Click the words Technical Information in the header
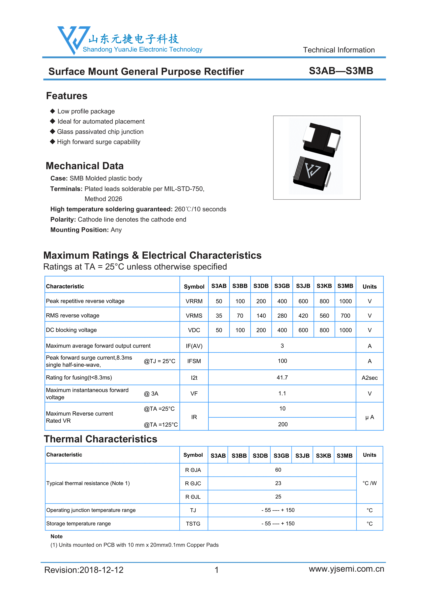tap(339, 50)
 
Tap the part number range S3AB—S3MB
tap(341, 71)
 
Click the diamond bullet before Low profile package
tap(53, 111)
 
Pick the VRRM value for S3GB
tap(282, 301)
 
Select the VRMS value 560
tap(324, 316)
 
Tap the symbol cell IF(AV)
tap(194, 346)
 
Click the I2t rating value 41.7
tap(282, 377)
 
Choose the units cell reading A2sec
tap(369, 378)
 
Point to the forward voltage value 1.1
tap(282, 393)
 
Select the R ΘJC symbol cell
tap(193, 484)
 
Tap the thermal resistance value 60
tap(278, 470)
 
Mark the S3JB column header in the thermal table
tap(302, 456)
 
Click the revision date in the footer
tap(84, 570)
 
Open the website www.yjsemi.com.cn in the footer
tap(346, 569)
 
